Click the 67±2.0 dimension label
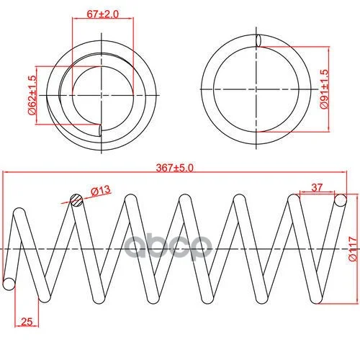(102, 14)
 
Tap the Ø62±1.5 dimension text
(32, 95)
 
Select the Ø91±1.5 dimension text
(324, 89)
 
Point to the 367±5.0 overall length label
(174, 168)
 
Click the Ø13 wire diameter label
(101, 191)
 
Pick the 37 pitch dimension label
(317, 187)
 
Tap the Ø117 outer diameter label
(353, 249)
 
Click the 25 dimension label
(27, 322)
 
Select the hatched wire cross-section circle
(76, 200)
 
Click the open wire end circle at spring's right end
(341, 200)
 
